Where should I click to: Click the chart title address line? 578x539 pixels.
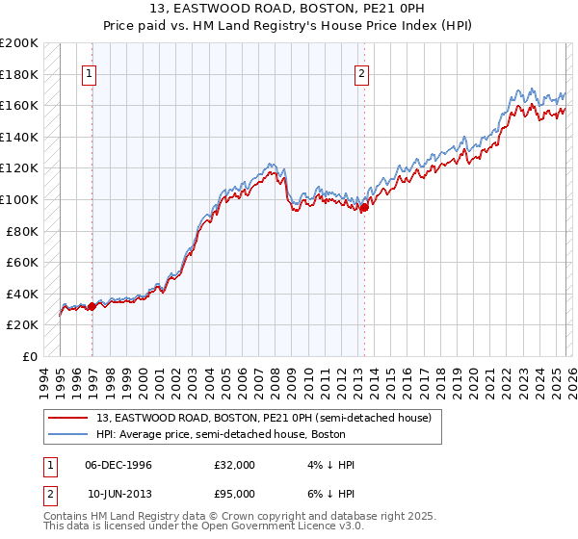[x=289, y=8]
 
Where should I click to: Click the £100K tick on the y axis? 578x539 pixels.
[x=19, y=199]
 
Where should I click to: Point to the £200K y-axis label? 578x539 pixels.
[x=19, y=43]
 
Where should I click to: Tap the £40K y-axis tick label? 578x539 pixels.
[x=22, y=294]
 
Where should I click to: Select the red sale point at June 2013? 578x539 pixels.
[x=364, y=208]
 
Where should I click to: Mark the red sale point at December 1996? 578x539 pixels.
[x=92, y=306]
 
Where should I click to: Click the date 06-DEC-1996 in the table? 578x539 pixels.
[x=118, y=465]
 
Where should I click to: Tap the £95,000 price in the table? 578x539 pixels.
[x=235, y=492]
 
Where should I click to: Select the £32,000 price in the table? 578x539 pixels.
[x=235, y=465]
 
